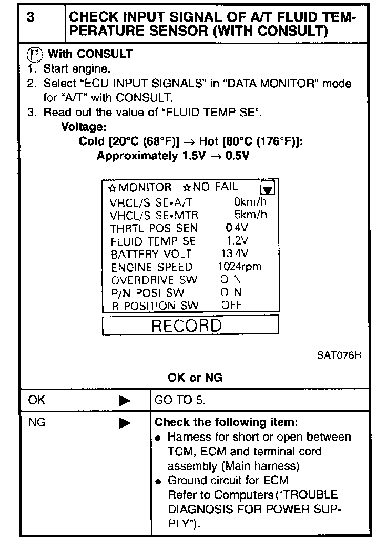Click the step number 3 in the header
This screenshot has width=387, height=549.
(x=32, y=17)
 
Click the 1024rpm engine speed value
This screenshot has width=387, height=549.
(x=239, y=266)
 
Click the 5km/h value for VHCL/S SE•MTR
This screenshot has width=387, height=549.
(x=250, y=215)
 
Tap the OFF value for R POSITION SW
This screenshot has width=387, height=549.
(x=231, y=305)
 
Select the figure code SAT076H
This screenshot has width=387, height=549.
(x=339, y=354)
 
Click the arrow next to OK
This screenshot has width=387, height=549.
(x=124, y=401)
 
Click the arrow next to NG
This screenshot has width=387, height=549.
(x=124, y=423)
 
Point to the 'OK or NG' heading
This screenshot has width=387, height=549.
(x=195, y=378)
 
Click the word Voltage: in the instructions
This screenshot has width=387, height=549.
(x=84, y=127)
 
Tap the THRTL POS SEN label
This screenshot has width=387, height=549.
(x=154, y=228)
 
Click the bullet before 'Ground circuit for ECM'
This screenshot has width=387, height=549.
(x=159, y=481)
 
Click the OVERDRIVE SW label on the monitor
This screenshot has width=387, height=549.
(x=154, y=280)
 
